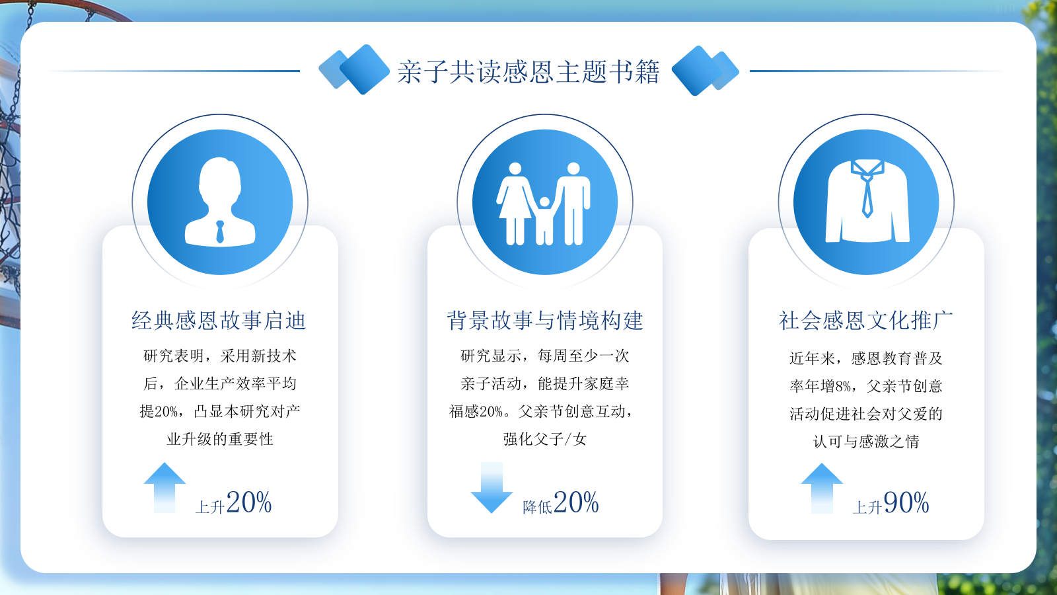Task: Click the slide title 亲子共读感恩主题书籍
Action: pyautogui.click(x=528, y=72)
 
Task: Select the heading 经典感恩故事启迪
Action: pyautogui.click(x=219, y=321)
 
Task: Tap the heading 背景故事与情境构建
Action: pyautogui.click(x=545, y=321)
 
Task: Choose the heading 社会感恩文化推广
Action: pyautogui.click(x=866, y=321)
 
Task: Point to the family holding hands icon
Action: pyautogui.click(x=544, y=204)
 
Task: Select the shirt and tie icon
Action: pyautogui.click(x=867, y=201)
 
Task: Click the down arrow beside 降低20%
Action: pyautogui.click(x=492, y=488)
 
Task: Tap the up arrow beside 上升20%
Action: pyautogui.click(x=164, y=488)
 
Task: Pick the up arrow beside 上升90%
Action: pyautogui.click(x=822, y=489)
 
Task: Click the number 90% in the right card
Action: pyautogui.click(x=906, y=502)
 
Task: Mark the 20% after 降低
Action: pyautogui.click(x=576, y=502)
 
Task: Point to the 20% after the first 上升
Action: pyautogui.click(x=248, y=502)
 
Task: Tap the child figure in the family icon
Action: pyautogui.click(x=544, y=221)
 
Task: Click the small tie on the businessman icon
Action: pyautogui.click(x=220, y=232)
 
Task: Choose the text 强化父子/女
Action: pyautogui.click(x=545, y=440)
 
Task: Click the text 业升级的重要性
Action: pyautogui.click(x=220, y=440)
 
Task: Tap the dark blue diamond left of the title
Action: pyautogui.click(x=364, y=69)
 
